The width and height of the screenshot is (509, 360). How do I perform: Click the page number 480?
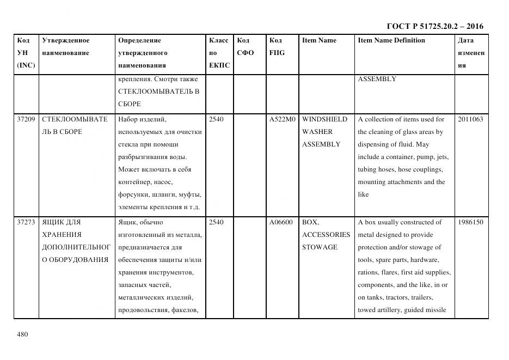22,334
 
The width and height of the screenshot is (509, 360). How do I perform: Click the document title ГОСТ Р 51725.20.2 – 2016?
435,26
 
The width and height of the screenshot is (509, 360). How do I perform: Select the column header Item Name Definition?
391,40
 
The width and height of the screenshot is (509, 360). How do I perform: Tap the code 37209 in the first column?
26,119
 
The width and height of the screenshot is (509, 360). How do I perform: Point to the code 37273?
26,222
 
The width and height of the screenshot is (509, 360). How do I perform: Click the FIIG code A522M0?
282,119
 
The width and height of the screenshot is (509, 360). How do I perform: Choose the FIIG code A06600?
281,222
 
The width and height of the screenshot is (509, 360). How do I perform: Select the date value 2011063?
470,119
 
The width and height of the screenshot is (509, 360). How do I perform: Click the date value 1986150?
470,222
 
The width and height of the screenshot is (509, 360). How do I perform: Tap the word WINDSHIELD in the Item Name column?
324,119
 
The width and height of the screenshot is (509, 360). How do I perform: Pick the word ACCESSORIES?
326,235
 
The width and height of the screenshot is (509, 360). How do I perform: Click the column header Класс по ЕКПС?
219,53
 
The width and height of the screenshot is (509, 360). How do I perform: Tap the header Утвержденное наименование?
65,47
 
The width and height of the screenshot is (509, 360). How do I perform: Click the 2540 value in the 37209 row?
216,119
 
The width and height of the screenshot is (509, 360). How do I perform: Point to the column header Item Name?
319,40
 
